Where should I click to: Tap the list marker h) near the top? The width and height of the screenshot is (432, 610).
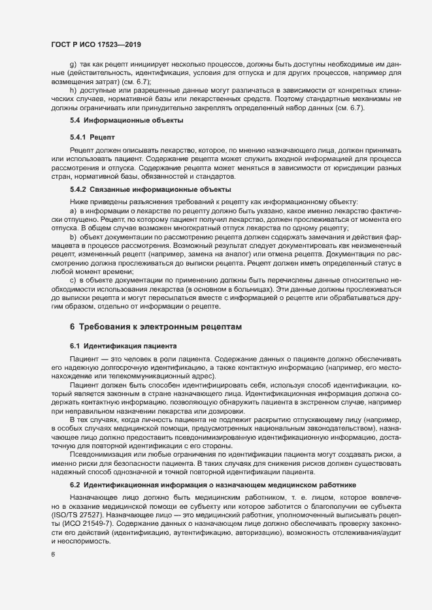pyautogui.click(x=73, y=89)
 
